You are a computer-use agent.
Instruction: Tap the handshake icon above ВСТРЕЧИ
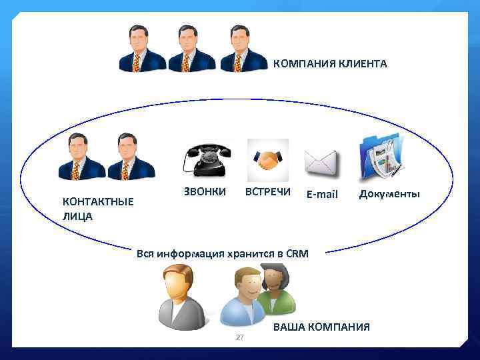pos(268,160)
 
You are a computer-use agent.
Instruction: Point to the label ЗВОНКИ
pos(204,192)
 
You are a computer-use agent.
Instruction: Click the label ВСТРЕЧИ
pos(268,192)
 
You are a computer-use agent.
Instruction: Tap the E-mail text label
pos(322,195)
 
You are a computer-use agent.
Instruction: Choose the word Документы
pos(389,194)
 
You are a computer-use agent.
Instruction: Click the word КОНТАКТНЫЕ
pos(98,201)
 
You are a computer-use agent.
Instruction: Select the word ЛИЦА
pos(77,216)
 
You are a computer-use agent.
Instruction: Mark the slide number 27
pos(240,338)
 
